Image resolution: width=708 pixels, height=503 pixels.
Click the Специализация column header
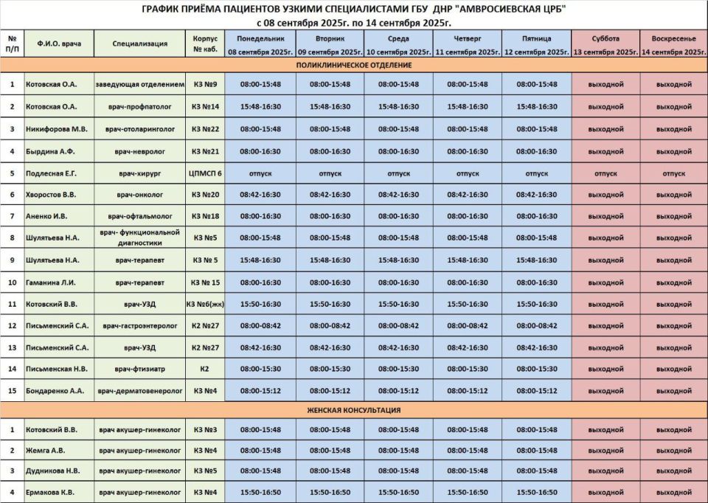click(139, 44)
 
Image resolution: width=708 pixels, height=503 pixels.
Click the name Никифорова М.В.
click(56, 129)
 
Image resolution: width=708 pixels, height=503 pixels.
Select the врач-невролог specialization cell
click(139, 151)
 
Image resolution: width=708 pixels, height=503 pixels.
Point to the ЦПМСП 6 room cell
click(205, 173)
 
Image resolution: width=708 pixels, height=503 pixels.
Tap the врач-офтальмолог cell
click(139, 216)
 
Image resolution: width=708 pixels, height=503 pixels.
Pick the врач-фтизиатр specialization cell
click(139, 368)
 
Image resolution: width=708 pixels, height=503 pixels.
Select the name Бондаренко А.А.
click(55, 390)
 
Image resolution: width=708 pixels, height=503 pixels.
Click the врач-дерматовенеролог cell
click(139, 390)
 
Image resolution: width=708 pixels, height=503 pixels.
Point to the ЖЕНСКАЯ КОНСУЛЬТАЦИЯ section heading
click(353, 410)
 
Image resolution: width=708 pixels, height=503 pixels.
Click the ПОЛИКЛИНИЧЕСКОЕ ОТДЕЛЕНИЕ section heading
click(353, 65)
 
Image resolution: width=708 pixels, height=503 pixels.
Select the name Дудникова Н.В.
click(53, 471)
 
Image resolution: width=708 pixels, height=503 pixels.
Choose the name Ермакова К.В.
click(52, 492)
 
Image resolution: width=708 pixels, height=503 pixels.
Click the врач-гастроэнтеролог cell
click(139, 325)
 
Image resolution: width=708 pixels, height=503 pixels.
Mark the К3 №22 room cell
click(205, 129)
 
